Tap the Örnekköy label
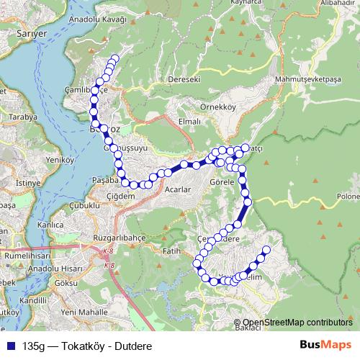coord(220,107)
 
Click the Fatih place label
coord(171,251)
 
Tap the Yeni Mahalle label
coord(83,312)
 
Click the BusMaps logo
coord(325,345)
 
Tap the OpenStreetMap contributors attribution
coord(297,323)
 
